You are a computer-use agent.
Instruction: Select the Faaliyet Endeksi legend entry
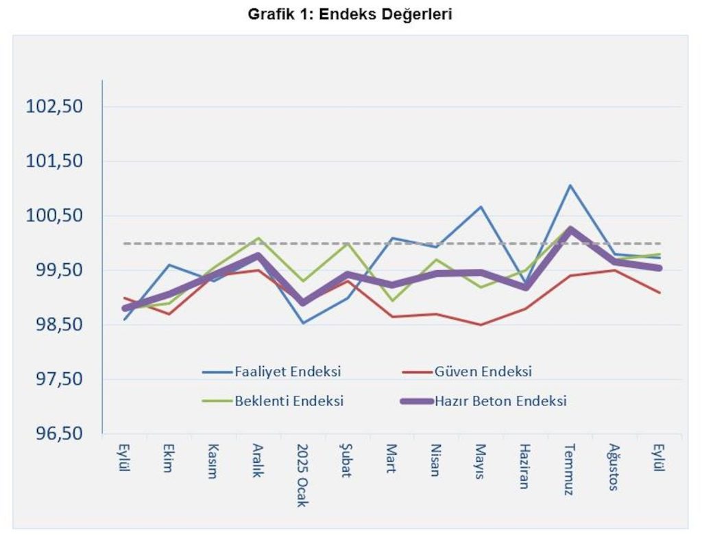click(288, 372)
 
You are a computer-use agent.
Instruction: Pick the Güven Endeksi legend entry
click(483, 372)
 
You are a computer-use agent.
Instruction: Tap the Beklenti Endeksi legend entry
click(289, 401)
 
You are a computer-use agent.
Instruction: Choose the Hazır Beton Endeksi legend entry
click(500, 401)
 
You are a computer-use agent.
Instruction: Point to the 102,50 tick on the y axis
click(54, 107)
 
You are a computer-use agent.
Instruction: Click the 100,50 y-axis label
click(54, 215)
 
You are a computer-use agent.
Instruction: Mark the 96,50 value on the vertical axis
click(54, 433)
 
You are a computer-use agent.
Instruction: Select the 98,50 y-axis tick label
click(54, 324)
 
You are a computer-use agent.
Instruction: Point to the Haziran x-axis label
click(525, 466)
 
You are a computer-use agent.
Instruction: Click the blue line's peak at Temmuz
click(570, 185)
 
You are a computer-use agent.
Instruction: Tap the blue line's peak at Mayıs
click(481, 206)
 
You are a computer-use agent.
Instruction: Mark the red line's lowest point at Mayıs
click(481, 325)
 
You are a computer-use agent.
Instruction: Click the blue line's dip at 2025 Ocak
click(303, 323)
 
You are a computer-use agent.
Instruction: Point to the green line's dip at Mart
click(392, 300)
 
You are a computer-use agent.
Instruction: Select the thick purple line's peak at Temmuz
click(570, 229)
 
